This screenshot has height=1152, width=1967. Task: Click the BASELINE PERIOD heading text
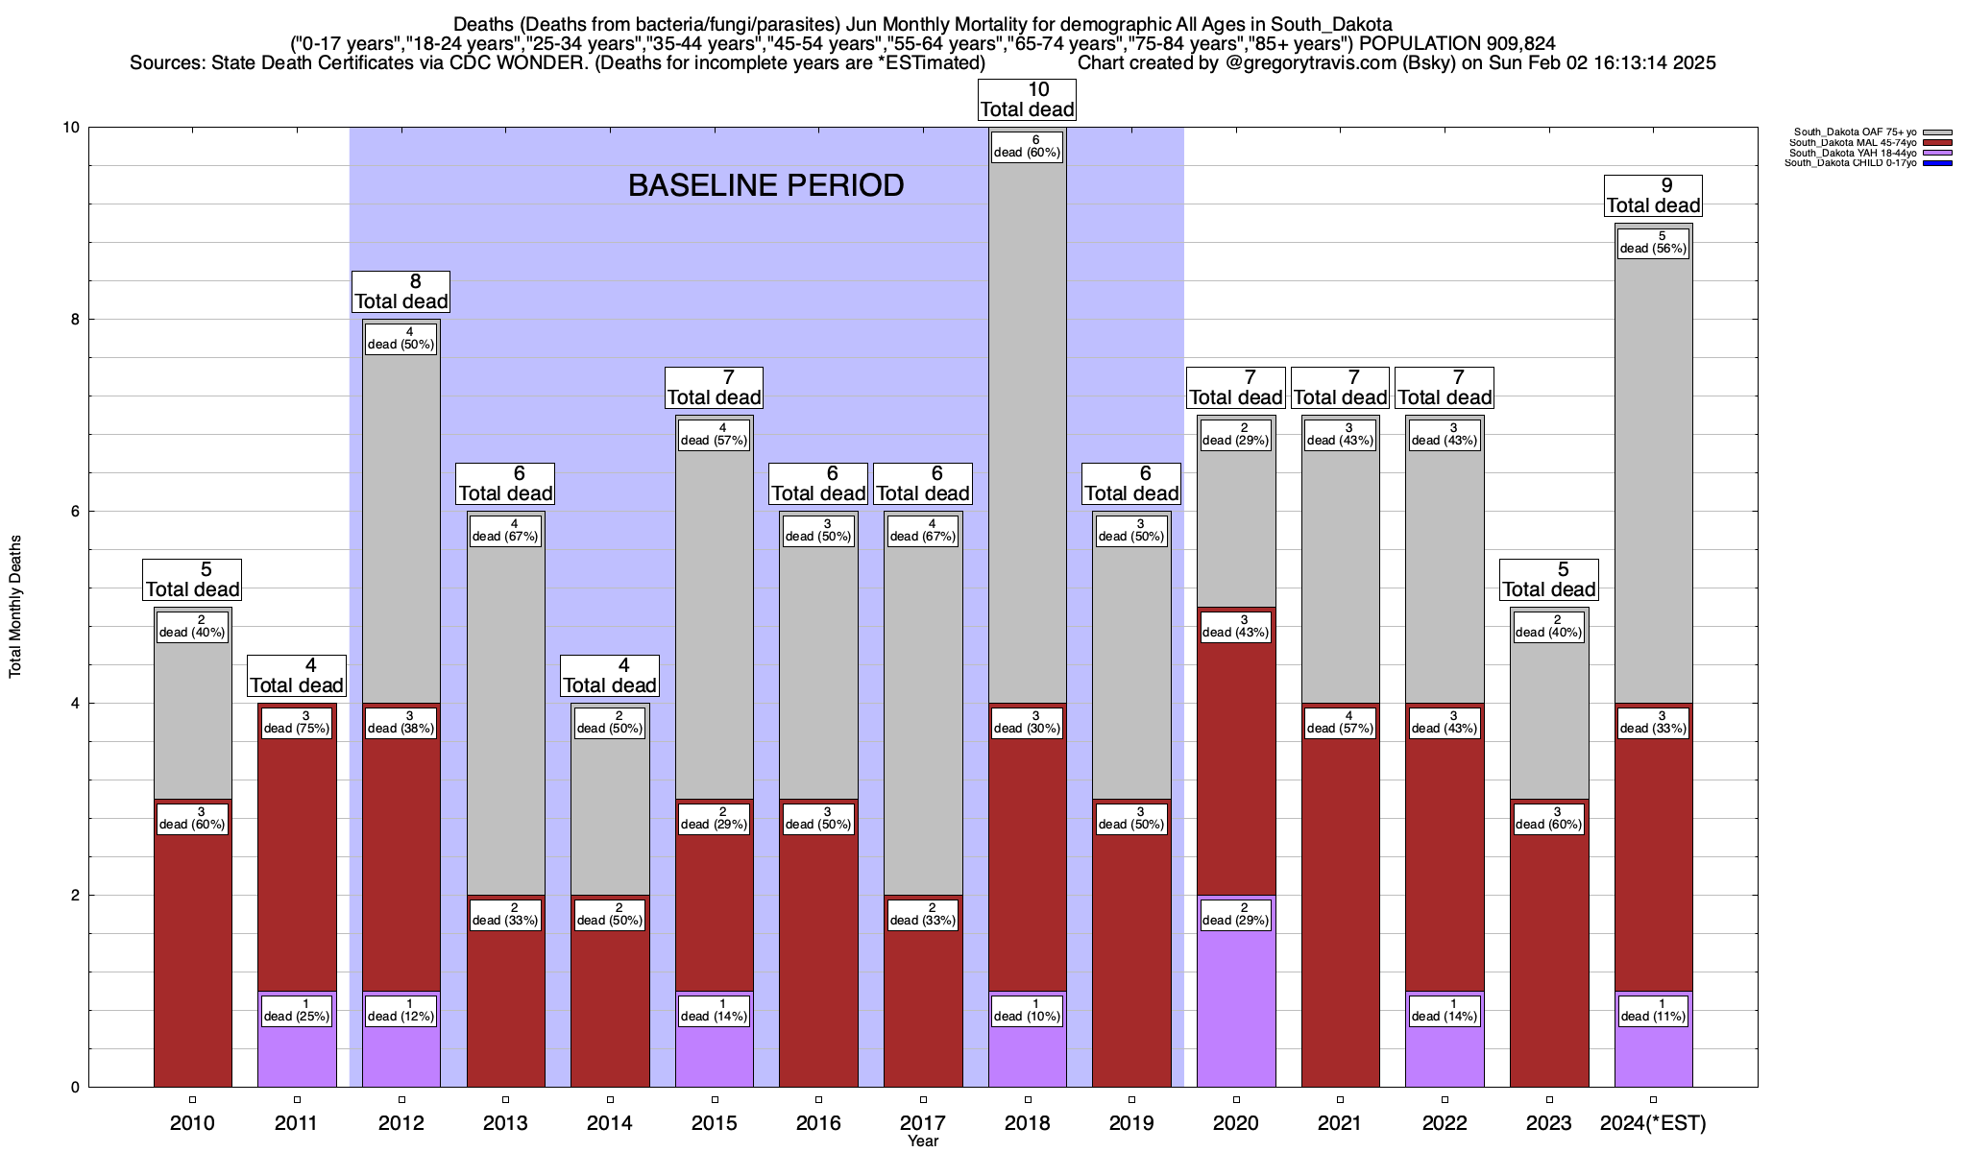click(765, 185)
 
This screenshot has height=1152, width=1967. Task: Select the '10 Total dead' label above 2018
click(1027, 100)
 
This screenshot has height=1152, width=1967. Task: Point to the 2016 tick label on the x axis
click(818, 1123)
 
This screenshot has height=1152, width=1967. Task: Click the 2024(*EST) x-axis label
click(1653, 1123)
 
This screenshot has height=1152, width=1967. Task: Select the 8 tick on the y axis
click(73, 320)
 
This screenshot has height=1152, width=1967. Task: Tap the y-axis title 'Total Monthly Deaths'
click(15, 607)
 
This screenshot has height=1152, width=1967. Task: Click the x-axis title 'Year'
click(923, 1141)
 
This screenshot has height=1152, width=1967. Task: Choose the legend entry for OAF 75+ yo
click(1854, 132)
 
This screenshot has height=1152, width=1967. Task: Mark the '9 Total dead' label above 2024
click(1653, 196)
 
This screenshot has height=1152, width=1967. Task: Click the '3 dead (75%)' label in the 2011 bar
click(297, 723)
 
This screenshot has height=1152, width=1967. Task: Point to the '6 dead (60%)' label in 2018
click(1027, 147)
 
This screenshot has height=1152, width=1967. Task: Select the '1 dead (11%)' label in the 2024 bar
click(1653, 1011)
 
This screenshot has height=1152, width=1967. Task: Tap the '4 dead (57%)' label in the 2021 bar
click(1340, 723)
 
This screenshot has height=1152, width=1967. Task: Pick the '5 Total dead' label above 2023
click(1548, 580)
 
